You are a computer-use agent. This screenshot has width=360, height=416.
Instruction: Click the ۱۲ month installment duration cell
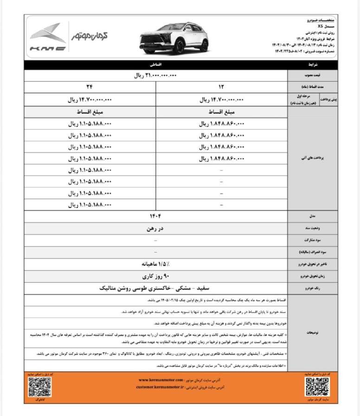tap(221, 86)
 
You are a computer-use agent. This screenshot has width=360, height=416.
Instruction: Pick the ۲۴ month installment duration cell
tap(89, 86)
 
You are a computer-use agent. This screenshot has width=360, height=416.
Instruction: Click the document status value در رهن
tap(155, 228)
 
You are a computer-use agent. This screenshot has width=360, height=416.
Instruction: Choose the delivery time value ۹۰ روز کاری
tap(155, 276)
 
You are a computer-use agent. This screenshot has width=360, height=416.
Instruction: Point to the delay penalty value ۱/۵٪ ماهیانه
tap(155, 264)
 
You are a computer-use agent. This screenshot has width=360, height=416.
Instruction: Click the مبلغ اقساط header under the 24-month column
tap(89, 112)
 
